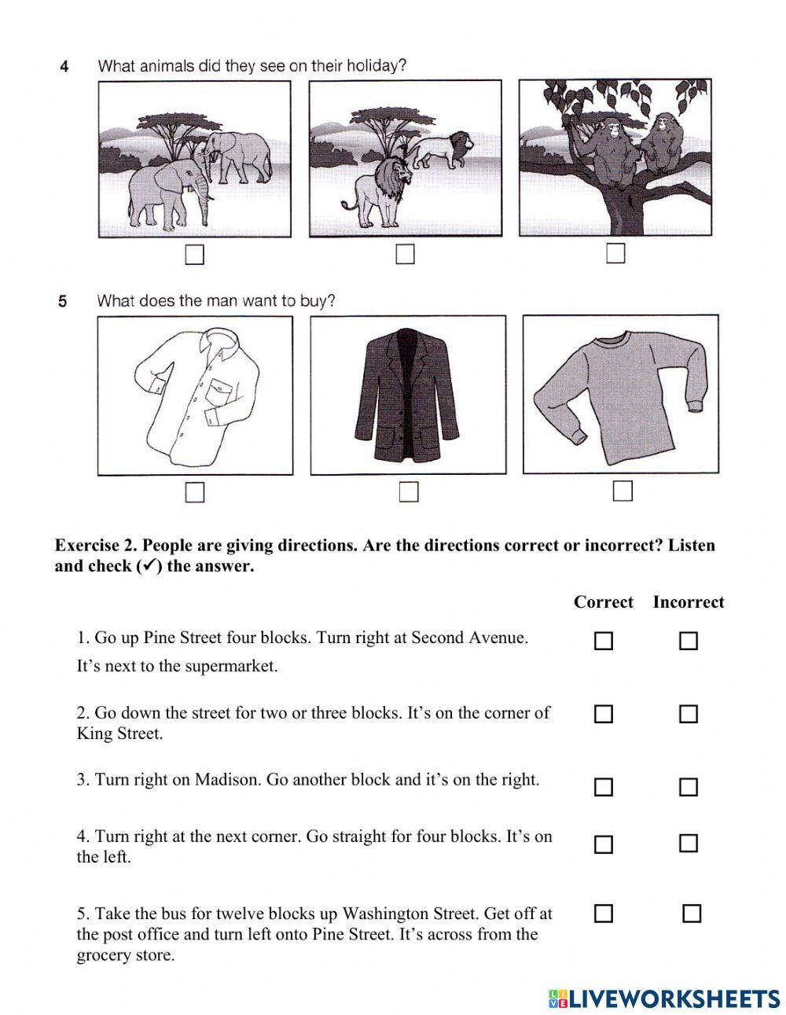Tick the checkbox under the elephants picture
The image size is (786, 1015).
tap(193, 255)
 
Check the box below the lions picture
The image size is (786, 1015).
tap(405, 254)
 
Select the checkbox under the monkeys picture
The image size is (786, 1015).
tap(615, 253)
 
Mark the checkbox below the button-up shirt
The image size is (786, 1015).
tap(194, 492)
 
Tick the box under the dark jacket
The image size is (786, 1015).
tap(409, 491)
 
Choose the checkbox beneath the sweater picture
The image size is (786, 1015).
tap(623, 491)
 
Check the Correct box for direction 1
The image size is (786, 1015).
tap(603, 642)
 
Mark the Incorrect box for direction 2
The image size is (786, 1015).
tap(688, 714)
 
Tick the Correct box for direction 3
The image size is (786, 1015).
tap(603, 787)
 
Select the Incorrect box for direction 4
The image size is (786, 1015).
tap(688, 844)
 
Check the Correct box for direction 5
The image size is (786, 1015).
tap(603, 914)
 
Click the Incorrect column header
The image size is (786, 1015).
tap(688, 602)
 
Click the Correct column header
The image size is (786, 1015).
tap(603, 602)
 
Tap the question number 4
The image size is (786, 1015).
tap(64, 67)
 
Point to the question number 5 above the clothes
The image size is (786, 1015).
tap(63, 301)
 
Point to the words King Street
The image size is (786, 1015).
tap(119, 734)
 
